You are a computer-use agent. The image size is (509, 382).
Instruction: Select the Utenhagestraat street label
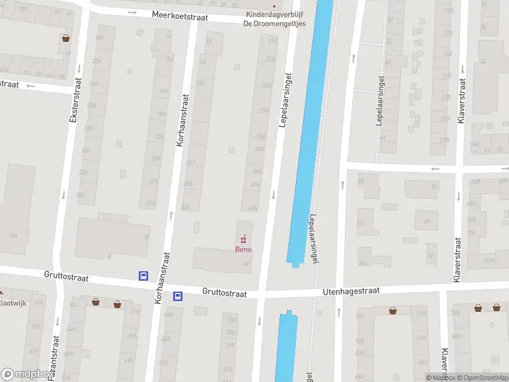point(351,290)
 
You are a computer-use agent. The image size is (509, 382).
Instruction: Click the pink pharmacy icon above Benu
point(243,239)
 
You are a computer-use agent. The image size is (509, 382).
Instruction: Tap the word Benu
point(243,249)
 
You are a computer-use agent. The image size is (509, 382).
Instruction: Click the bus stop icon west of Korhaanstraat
point(143,276)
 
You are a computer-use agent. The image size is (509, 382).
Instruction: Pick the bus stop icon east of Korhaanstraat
point(178,295)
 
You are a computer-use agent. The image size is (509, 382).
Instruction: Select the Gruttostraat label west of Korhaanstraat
point(66,278)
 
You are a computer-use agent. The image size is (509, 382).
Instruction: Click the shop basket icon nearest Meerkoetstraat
point(66,38)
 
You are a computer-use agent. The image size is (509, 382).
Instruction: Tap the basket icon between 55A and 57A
point(394,311)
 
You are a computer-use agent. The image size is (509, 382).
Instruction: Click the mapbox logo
point(27,374)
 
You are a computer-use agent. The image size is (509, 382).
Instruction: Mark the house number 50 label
point(360,181)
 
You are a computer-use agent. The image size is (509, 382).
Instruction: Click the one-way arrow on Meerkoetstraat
point(132,11)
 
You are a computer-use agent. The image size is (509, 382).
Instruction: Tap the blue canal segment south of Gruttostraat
point(286,347)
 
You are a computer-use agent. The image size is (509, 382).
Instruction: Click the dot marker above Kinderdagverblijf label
point(274,6)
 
